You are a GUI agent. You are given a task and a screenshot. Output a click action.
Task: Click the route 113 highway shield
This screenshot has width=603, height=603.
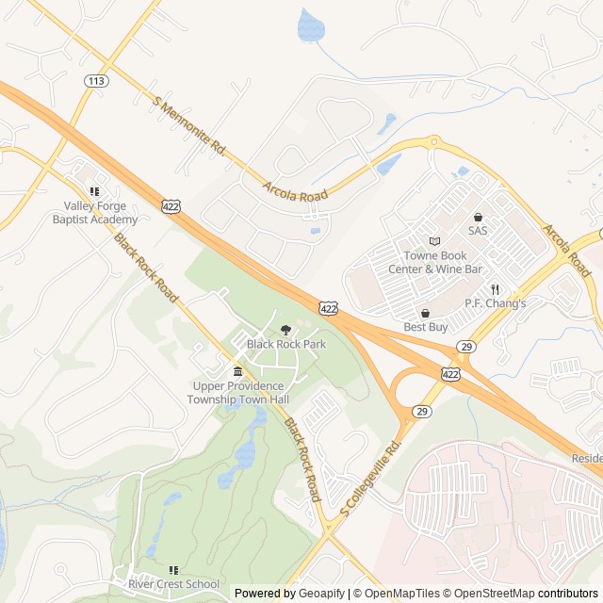[95, 81]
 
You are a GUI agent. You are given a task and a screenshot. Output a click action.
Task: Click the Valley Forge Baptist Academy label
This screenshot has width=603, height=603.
[94, 213]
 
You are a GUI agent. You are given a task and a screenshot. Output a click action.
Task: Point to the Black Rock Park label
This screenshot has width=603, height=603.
[286, 344]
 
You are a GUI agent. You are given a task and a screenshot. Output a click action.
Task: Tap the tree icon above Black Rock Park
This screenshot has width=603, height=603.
[285, 329]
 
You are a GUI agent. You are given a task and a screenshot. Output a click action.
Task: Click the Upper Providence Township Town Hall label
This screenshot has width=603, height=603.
[237, 393]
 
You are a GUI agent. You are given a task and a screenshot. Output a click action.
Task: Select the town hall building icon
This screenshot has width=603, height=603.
[237, 372]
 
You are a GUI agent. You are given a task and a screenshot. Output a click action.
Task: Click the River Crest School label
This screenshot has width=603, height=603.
[176, 584]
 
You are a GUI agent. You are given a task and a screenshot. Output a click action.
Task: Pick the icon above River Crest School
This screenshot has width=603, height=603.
[173, 570]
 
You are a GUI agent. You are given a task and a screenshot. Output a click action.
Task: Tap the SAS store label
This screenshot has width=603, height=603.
[478, 231]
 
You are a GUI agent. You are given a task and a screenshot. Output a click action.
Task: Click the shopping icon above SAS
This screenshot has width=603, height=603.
[478, 217]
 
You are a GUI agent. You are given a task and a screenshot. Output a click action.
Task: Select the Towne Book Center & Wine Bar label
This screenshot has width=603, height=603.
[435, 262]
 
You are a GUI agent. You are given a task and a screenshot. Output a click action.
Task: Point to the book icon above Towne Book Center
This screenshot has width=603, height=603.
[434, 241]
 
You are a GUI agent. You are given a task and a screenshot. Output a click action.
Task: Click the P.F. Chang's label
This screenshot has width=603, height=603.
[495, 303]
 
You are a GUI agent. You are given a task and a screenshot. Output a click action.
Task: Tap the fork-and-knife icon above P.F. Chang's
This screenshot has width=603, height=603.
[495, 289]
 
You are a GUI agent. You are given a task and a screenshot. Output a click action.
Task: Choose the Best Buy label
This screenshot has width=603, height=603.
[425, 327]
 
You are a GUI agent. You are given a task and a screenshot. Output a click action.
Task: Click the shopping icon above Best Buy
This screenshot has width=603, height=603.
[425, 313]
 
